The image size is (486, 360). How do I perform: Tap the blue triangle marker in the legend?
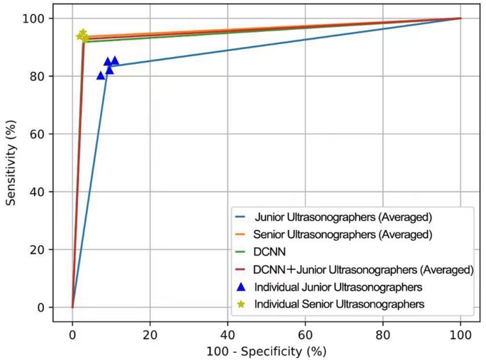pos(241,287)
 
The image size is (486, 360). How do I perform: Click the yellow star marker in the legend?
pos(241,304)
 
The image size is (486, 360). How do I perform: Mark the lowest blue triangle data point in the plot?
pos(101,75)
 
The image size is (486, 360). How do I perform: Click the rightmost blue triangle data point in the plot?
pos(115,61)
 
